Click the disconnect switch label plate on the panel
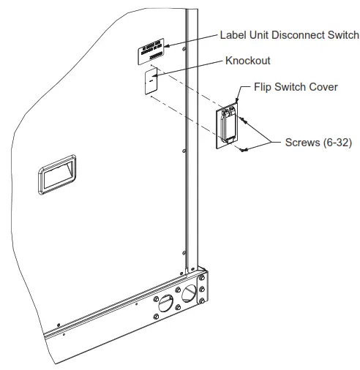click(x=152, y=53)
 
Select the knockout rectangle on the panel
click(x=151, y=79)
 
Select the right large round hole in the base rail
click(x=190, y=294)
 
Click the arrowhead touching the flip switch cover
click(x=238, y=102)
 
